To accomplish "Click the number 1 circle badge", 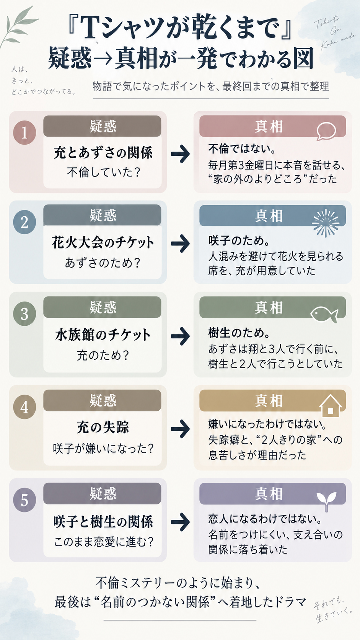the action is tap(24, 132).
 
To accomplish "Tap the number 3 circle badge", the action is tap(24, 314).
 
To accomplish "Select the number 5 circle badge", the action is tap(24, 500).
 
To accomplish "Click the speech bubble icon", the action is tap(326, 131).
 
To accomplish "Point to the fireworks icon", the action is tap(326, 223).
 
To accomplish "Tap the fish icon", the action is tap(324, 314).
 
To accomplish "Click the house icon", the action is tap(330, 406).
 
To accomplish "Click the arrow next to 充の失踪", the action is tap(180, 429).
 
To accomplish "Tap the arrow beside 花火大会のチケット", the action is tap(180, 243).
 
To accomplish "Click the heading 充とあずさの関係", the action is tap(103, 152).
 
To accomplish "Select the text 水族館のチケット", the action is tap(103, 335).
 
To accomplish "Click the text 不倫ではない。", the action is tap(242, 149).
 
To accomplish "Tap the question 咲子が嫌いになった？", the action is tap(103, 448).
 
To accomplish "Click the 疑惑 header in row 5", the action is tap(103, 493).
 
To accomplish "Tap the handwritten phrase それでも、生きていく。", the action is tap(333, 611).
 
